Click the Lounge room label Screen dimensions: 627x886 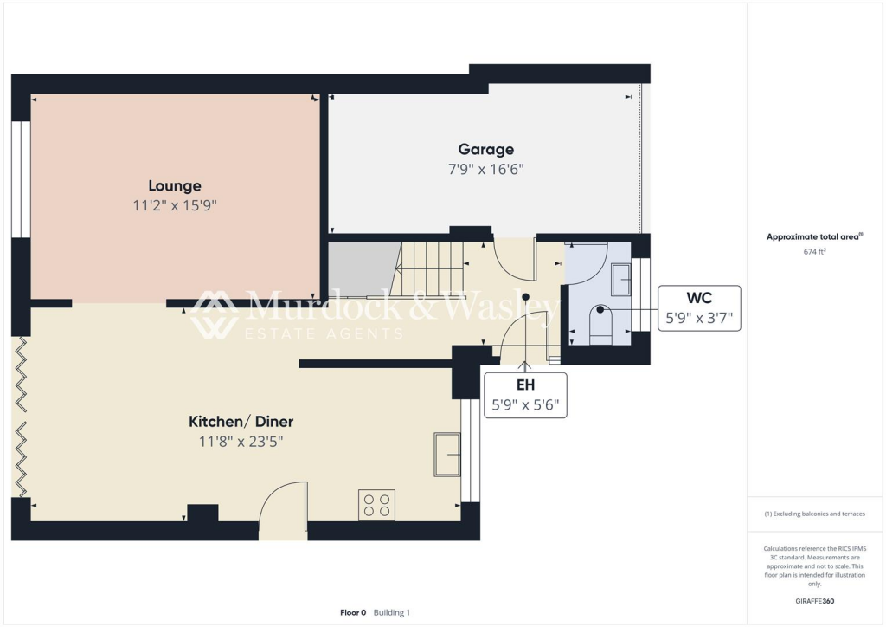point(175,185)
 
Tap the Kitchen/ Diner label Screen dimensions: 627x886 point(241,422)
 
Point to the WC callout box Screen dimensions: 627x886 point(699,308)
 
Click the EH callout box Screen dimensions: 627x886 point(525,395)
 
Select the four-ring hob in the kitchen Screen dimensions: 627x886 point(376,505)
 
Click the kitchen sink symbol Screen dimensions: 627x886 point(446,454)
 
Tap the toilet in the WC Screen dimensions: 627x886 point(600,326)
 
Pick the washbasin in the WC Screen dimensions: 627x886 point(620,278)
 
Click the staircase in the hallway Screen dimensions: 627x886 point(426,268)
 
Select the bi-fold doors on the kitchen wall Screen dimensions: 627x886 point(22,416)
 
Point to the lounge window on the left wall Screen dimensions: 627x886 point(21,178)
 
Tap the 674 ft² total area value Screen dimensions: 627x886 point(813,252)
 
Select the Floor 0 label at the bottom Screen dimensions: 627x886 point(353,612)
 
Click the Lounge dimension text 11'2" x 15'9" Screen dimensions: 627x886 point(175,205)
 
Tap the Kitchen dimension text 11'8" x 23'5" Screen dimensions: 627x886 point(241,442)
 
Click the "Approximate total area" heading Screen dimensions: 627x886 point(813,236)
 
